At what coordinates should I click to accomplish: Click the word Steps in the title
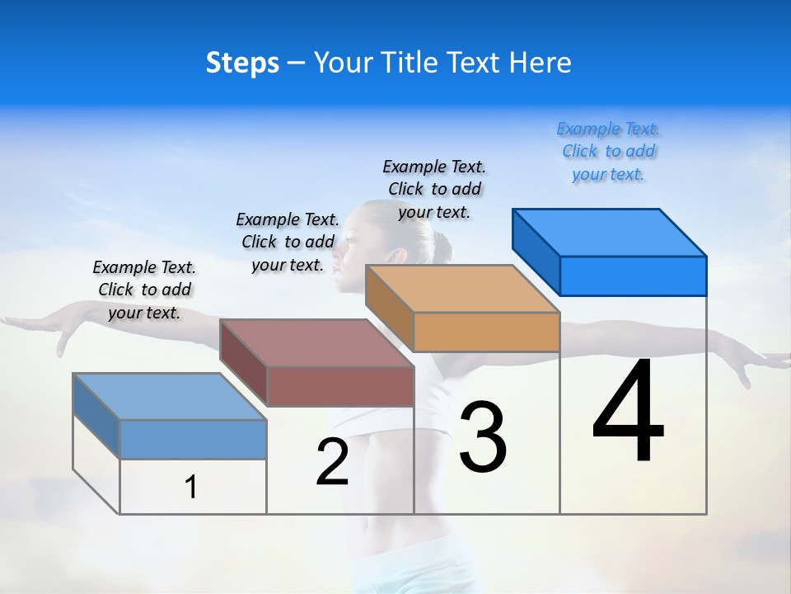point(242,64)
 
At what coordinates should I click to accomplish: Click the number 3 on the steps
point(483,437)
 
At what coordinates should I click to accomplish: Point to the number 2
point(332,462)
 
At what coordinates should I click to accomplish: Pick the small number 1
point(191,487)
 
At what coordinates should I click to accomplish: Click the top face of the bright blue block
point(610,232)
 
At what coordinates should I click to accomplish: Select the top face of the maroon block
point(317,342)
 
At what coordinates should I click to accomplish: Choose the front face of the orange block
point(486,332)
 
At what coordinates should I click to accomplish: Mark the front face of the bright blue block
point(633,276)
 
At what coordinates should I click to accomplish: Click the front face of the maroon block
point(340,386)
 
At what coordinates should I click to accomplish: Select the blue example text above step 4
point(608,151)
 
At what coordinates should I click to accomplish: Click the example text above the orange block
point(434,189)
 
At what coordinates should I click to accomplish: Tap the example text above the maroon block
point(288,242)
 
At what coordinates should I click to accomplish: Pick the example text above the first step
point(144,290)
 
